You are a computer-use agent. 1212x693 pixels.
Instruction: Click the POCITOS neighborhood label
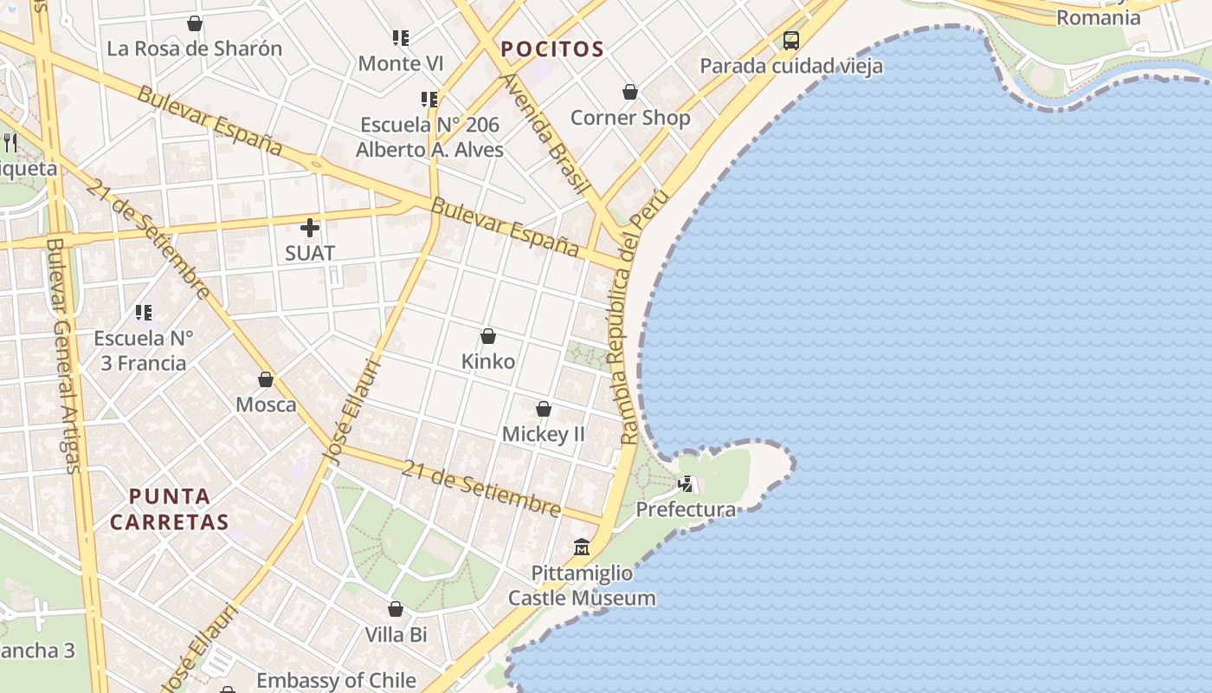(x=551, y=49)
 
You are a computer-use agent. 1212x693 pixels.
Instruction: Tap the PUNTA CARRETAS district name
(x=170, y=509)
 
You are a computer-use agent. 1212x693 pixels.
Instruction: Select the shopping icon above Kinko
(x=488, y=336)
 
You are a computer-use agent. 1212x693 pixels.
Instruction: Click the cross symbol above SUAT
(x=310, y=229)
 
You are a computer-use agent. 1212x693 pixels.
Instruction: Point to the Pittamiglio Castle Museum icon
(x=582, y=547)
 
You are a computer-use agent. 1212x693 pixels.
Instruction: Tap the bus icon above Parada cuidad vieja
(x=790, y=40)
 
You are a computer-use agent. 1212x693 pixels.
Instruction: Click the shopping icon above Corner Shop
(x=630, y=92)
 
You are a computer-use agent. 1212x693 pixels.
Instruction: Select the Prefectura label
(x=686, y=509)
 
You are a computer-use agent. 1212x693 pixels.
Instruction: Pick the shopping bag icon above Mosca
(x=266, y=379)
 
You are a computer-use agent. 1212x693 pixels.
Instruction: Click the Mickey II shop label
(x=544, y=433)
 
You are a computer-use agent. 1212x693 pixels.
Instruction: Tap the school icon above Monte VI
(x=400, y=38)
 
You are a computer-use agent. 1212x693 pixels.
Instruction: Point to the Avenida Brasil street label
(x=546, y=134)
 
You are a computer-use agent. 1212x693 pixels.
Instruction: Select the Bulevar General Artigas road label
(x=63, y=355)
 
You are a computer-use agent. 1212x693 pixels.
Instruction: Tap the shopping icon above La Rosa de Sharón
(x=195, y=23)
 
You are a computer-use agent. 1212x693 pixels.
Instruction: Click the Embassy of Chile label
(x=336, y=680)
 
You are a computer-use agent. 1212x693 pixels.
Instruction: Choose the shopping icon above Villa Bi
(x=396, y=610)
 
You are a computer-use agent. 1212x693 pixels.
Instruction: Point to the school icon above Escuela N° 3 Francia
(x=144, y=313)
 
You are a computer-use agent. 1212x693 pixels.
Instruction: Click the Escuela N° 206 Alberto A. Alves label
(x=429, y=137)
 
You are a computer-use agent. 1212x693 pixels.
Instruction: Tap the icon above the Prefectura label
(x=686, y=484)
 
